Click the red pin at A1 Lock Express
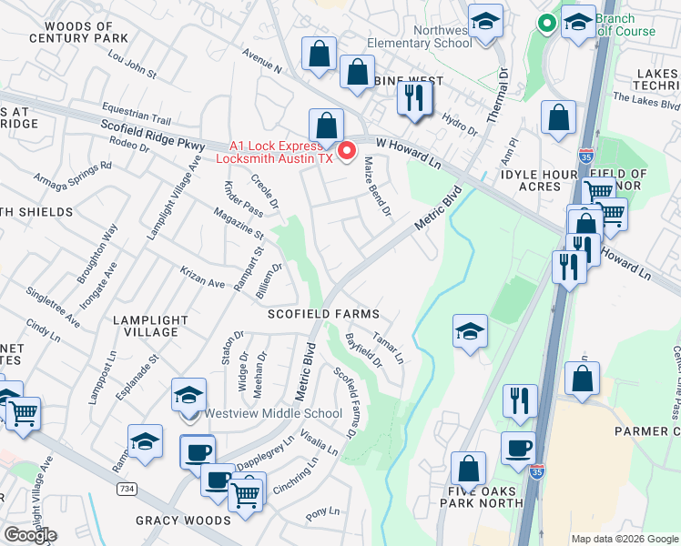pyautogui.click(x=347, y=150)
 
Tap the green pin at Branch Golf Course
pyautogui.click(x=547, y=23)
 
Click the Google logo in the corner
pyautogui.click(x=30, y=535)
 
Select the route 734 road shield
pyautogui.click(x=127, y=490)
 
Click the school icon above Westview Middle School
pyautogui.click(x=188, y=395)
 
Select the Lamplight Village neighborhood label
pyautogui.click(x=150, y=326)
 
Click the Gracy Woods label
pyautogui.click(x=183, y=521)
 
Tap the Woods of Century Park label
pyautogui.click(x=78, y=33)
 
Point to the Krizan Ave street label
pyautogui.click(x=202, y=284)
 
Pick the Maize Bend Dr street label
pyautogui.click(x=376, y=187)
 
